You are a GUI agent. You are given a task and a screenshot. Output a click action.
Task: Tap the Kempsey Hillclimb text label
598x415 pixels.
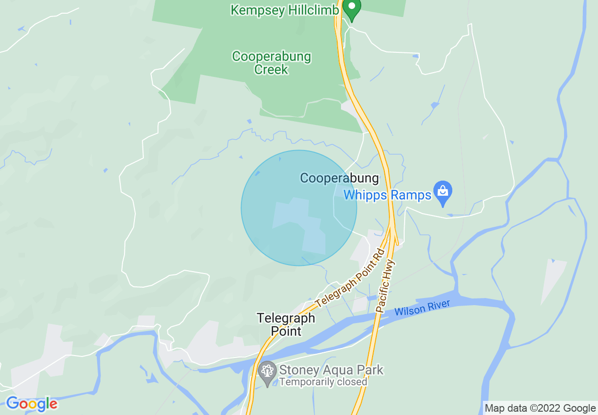tap(285, 10)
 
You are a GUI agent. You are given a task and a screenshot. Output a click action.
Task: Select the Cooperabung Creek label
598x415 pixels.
tap(271, 63)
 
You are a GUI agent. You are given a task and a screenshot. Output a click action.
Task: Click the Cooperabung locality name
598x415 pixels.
tap(339, 178)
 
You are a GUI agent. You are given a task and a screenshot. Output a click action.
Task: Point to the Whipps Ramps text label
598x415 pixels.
tap(387, 195)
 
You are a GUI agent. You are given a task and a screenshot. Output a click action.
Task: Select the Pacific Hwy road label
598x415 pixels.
tap(386, 287)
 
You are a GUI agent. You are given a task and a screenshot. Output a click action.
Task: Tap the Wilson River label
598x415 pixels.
tap(422, 307)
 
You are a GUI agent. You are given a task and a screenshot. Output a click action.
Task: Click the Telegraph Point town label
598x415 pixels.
tap(286, 324)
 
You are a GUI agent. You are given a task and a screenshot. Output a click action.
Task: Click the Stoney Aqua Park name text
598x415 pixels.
tap(331, 370)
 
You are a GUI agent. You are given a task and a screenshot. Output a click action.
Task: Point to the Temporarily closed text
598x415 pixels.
tap(323, 382)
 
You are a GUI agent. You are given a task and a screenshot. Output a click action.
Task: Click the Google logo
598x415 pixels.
tap(32, 404)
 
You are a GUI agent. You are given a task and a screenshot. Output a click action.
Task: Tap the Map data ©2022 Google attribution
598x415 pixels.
tap(540, 408)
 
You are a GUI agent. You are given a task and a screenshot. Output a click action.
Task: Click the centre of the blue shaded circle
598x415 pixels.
tap(299, 208)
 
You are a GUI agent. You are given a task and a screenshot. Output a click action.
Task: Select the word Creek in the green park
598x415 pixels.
tap(271, 70)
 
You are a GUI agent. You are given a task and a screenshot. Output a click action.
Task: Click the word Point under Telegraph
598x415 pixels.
tap(286, 331)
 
